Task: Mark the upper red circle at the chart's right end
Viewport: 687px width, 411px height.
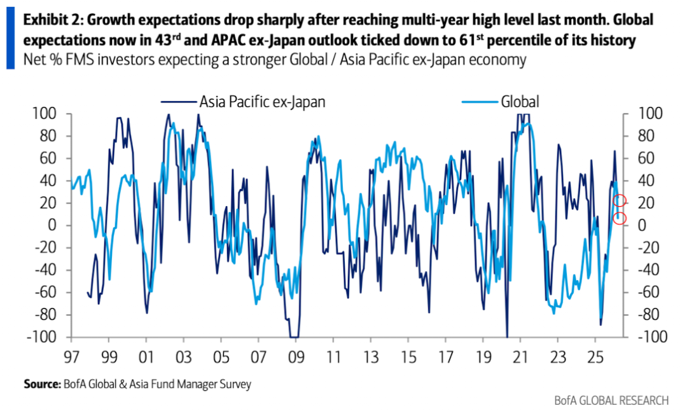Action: [620, 201]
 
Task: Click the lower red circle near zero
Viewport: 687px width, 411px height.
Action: [620, 219]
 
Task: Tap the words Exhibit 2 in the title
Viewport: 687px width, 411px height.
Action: [48, 20]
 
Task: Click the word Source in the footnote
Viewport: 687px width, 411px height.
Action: [41, 384]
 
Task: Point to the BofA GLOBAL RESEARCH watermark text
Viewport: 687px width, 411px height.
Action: [611, 400]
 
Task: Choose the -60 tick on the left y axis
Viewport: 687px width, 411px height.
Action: [52, 293]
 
